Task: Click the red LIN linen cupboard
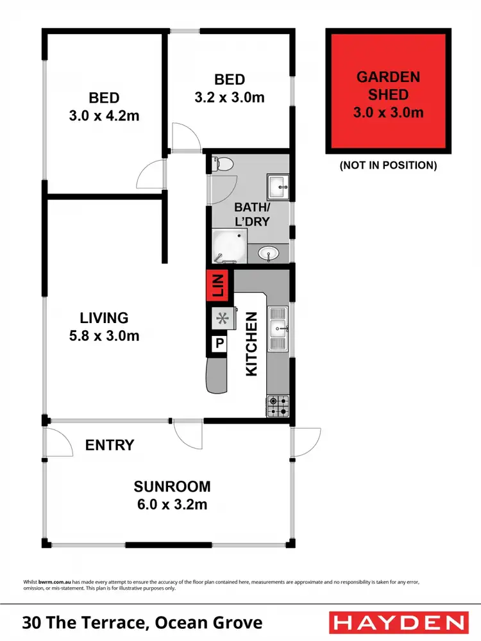218,284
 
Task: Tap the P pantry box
219,344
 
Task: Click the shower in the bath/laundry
228,247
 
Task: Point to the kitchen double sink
279,330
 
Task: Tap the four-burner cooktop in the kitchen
278,405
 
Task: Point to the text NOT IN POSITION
388,165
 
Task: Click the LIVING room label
104,317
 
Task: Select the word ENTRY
110,445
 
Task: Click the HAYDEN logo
398,622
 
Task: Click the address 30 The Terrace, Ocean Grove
142,622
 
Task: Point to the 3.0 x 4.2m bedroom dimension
104,116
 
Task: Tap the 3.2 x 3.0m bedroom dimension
230,97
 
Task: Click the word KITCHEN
251,344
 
